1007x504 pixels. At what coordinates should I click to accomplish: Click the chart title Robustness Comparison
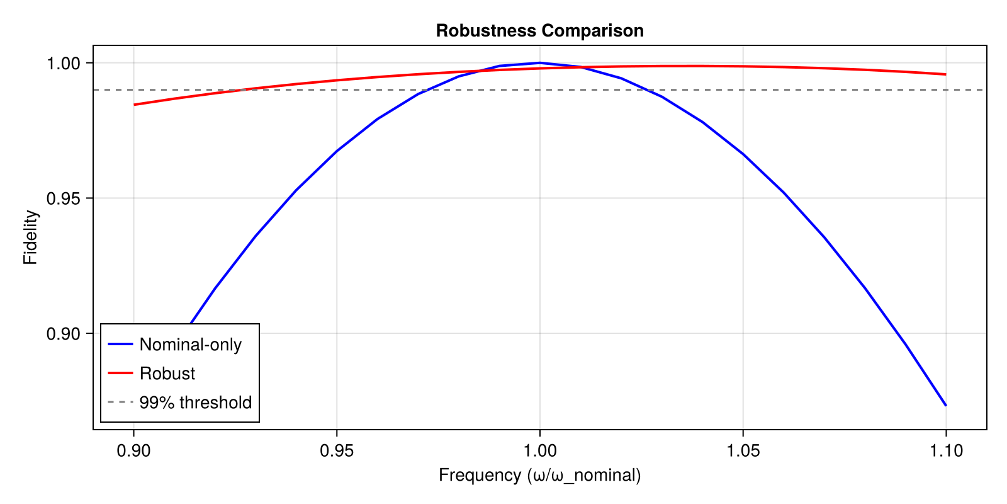tap(539, 31)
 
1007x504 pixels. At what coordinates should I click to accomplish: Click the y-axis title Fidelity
tap(31, 238)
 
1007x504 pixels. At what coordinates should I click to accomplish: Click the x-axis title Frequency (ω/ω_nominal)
tap(539, 475)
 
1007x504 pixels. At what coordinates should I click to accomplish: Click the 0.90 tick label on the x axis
tap(133, 450)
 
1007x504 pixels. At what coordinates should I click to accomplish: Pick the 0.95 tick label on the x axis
tap(337, 450)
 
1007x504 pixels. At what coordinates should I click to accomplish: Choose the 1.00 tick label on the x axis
tap(539, 450)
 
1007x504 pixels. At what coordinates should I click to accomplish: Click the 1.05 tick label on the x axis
tap(743, 450)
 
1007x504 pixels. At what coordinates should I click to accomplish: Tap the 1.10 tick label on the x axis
tap(945, 450)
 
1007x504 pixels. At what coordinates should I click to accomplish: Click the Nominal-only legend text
tap(190, 345)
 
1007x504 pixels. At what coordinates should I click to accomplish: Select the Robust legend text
tap(167, 374)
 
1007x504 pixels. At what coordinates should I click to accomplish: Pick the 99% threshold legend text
tap(195, 403)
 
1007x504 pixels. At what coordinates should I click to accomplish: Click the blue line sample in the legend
tap(120, 344)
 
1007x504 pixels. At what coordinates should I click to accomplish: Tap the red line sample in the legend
tap(120, 373)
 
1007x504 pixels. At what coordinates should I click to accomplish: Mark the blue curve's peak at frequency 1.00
tap(539, 63)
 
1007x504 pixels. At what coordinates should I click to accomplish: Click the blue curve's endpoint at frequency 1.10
tap(945, 405)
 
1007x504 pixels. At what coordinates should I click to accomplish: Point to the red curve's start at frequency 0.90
tap(134, 105)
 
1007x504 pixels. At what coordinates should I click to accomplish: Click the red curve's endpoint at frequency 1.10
tap(945, 74)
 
